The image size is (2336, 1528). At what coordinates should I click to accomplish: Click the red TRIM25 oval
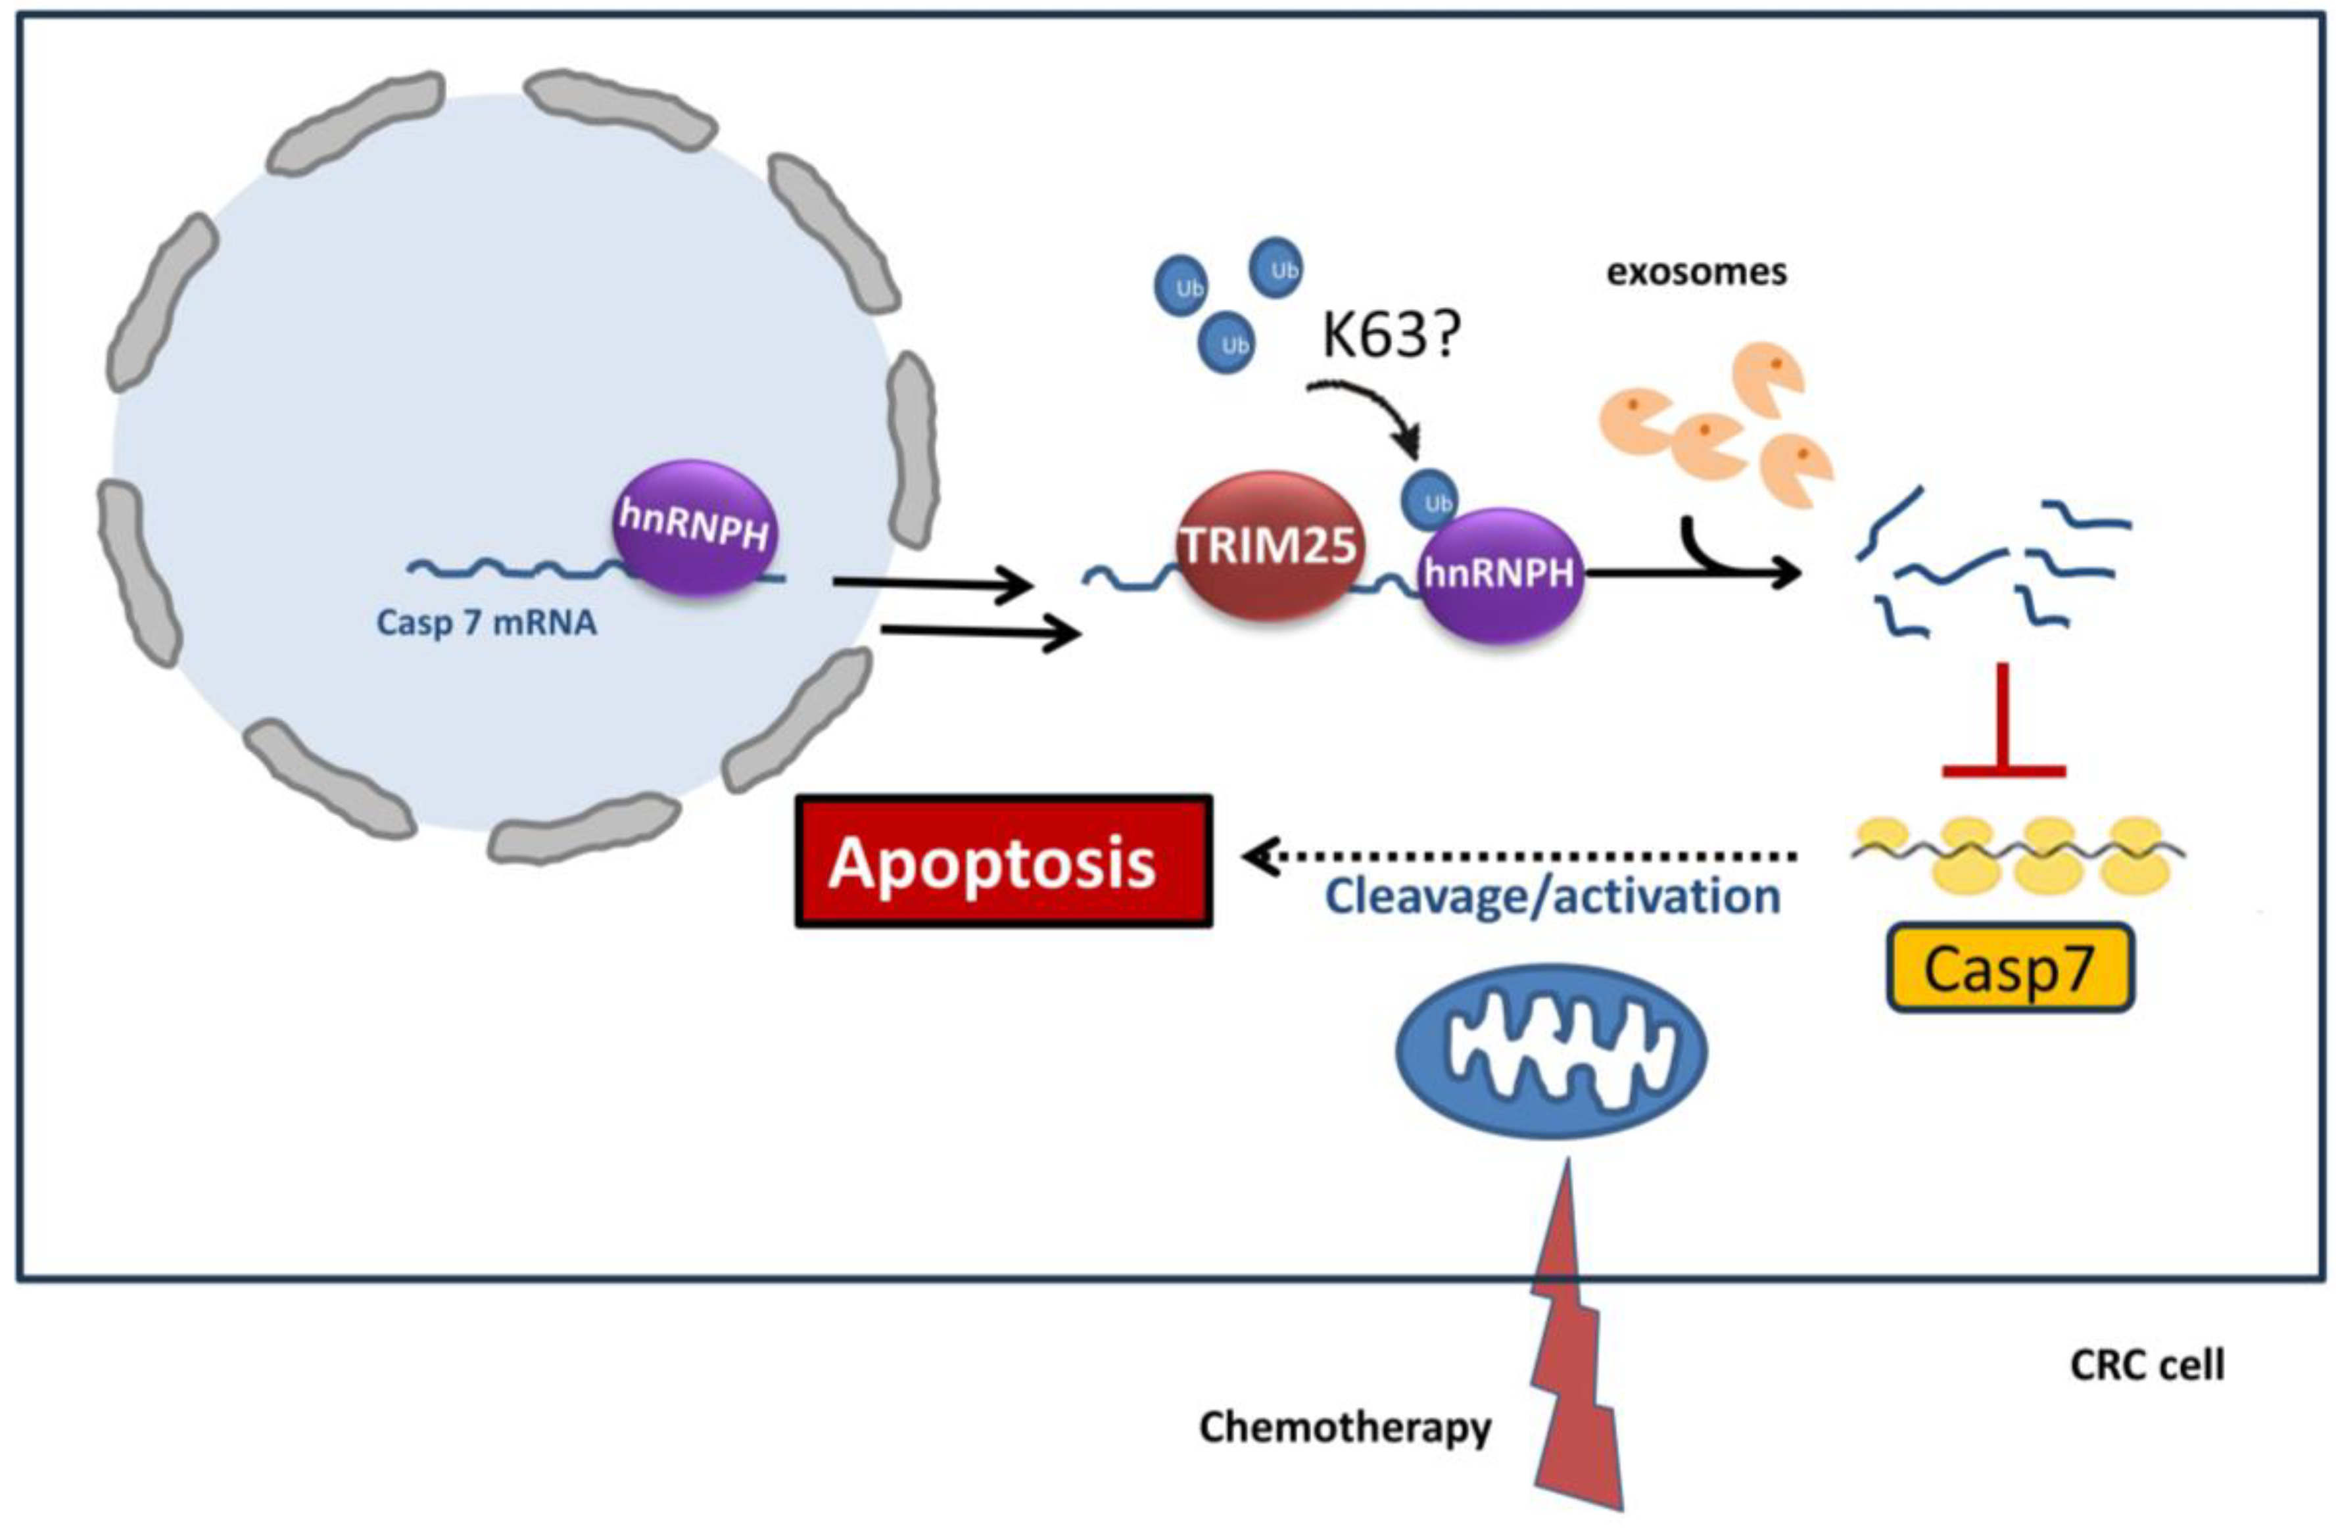(x=1269, y=546)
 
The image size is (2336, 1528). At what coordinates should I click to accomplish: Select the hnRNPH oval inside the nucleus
(x=695, y=527)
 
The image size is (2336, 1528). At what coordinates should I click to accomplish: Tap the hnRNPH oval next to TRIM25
(x=1500, y=574)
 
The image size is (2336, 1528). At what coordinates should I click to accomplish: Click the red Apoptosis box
(x=1003, y=861)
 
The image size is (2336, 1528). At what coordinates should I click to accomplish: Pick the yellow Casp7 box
(x=2009, y=968)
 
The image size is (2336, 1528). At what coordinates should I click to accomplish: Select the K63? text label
(x=1391, y=335)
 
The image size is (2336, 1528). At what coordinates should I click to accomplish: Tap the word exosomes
(x=1696, y=272)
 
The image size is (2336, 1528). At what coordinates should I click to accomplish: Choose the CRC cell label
(x=2147, y=1365)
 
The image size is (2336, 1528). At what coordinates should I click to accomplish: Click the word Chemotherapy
(x=1345, y=1428)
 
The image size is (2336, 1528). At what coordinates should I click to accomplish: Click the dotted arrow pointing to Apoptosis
(x=1519, y=857)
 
